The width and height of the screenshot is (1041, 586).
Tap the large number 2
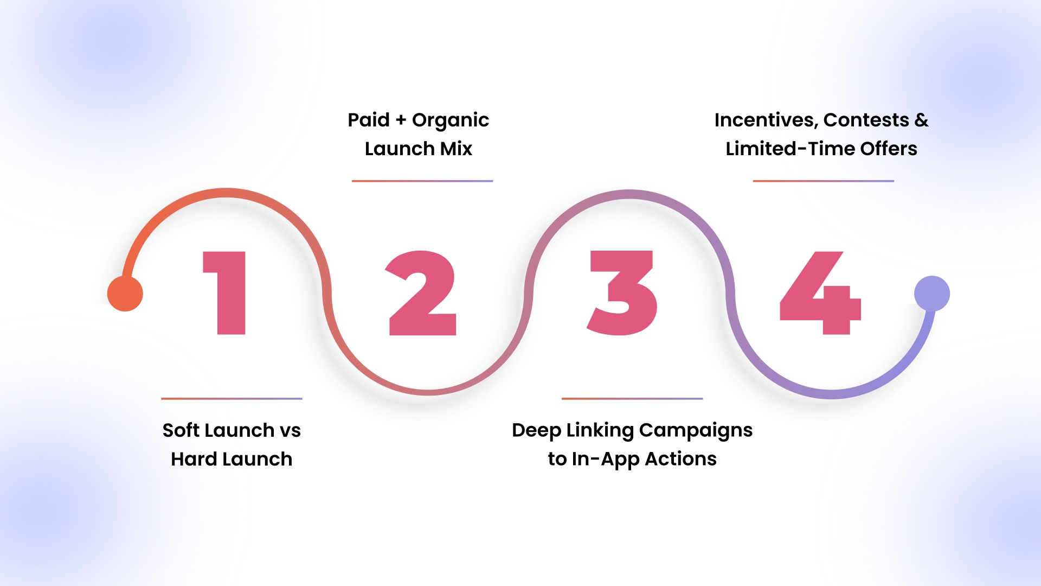pos(422,292)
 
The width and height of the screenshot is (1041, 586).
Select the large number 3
pos(622,292)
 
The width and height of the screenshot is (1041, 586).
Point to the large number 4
pos(820,292)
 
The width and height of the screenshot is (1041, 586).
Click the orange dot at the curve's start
pos(125,294)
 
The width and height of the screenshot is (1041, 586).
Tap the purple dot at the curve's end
pos(932,294)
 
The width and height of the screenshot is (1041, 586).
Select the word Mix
pos(456,149)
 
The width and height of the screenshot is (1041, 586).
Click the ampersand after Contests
pos(921,120)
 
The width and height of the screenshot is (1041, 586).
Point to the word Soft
pos(182,430)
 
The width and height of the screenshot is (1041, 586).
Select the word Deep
pos(536,431)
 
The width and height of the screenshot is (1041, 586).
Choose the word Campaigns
pos(696,431)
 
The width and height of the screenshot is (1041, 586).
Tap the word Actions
pos(680,459)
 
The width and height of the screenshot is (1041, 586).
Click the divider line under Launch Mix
pos(422,181)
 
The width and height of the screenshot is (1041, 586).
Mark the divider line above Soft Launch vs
pos(232,399)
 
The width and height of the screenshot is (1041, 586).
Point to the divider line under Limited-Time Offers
pos(824,181)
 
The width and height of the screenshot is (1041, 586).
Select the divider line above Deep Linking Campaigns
pos(632,399)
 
